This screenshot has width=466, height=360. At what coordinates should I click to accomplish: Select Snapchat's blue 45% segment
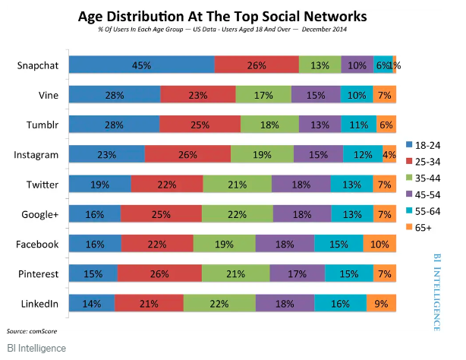tap(142, 65)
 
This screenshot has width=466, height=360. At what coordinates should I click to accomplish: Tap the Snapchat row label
tap(38, 65)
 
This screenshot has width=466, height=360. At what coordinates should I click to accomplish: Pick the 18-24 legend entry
tap(427, 144)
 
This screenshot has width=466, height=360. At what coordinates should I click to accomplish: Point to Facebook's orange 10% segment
tap(379, 244)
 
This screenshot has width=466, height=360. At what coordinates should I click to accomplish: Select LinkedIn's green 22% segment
tap(219, 304)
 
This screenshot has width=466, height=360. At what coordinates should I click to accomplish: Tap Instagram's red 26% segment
tap(187, 155)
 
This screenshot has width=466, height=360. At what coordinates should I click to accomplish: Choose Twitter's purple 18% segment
tap(301, 185)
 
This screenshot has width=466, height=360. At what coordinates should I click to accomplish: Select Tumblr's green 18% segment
tap(269, 125)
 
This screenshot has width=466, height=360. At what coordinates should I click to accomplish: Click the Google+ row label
tap(40, 214)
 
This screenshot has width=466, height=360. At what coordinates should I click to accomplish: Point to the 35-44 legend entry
tap(427, 176)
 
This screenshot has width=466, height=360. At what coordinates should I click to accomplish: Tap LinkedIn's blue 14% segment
tap(92, 304)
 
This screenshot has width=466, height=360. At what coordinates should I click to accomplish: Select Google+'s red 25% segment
tap(161, 214)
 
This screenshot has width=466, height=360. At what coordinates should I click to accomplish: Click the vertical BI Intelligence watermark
tap(437, 292)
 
